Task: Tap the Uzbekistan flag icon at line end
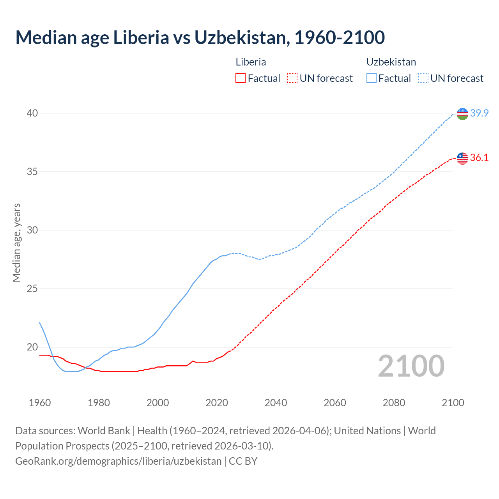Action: (462, 114)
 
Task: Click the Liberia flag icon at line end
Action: (462, 158)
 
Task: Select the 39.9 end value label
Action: (479, 113)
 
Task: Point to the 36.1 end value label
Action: (479, 158)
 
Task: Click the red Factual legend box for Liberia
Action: (241, 78)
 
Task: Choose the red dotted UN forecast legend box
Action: (292, 78)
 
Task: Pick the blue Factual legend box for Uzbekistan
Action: (372, 78)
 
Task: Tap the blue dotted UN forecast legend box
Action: (423, 78)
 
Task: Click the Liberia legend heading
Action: (251, 62)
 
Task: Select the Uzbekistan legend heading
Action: (391, 62)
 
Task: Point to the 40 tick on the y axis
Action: (32, 113)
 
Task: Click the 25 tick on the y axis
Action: (32, 288)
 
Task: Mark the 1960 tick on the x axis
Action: (40, 403)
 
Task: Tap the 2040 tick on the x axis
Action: (276, 403)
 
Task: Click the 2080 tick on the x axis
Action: (394, 403)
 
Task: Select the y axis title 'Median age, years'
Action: (16, 242)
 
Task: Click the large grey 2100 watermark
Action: (411, 366)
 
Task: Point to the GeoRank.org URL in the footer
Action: (118, 461)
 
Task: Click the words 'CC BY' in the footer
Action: (243, 461)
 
